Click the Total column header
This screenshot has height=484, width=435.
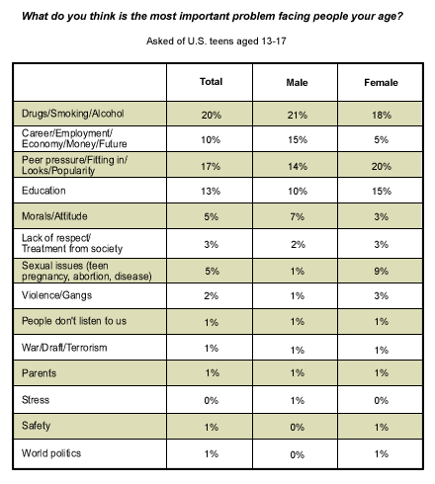click(x=211, y=81)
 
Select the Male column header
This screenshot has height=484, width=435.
click(x=297, y=82)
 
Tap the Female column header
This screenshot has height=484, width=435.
click(x=381, y=82)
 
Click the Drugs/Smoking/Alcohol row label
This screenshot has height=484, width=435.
click(x=73, y=114)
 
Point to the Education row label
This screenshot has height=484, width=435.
click(x=43, y=191)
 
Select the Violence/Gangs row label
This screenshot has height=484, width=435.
click(x=56, y=295)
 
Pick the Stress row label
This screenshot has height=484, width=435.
click(x=36, y=400)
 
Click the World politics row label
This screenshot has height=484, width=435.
click(x=51, y=453)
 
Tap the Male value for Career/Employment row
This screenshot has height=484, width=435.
click(x=298, y=139)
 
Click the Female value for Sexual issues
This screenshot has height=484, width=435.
click(x=382, y=271)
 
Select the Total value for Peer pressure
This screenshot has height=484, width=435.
click(x=211, y=166)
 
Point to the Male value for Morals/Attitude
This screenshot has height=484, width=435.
click(x=298, y=216)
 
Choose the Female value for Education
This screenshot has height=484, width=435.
click(x=382, y=191)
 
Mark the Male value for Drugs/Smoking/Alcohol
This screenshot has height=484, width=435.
click(x=298, y=115)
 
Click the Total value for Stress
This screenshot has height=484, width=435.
click(x=212, y=400)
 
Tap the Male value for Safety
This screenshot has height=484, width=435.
click(x=298, y=427)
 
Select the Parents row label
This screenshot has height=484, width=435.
click(x=39, y=373)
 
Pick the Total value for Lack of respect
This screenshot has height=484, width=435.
click(x=212, y=244)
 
